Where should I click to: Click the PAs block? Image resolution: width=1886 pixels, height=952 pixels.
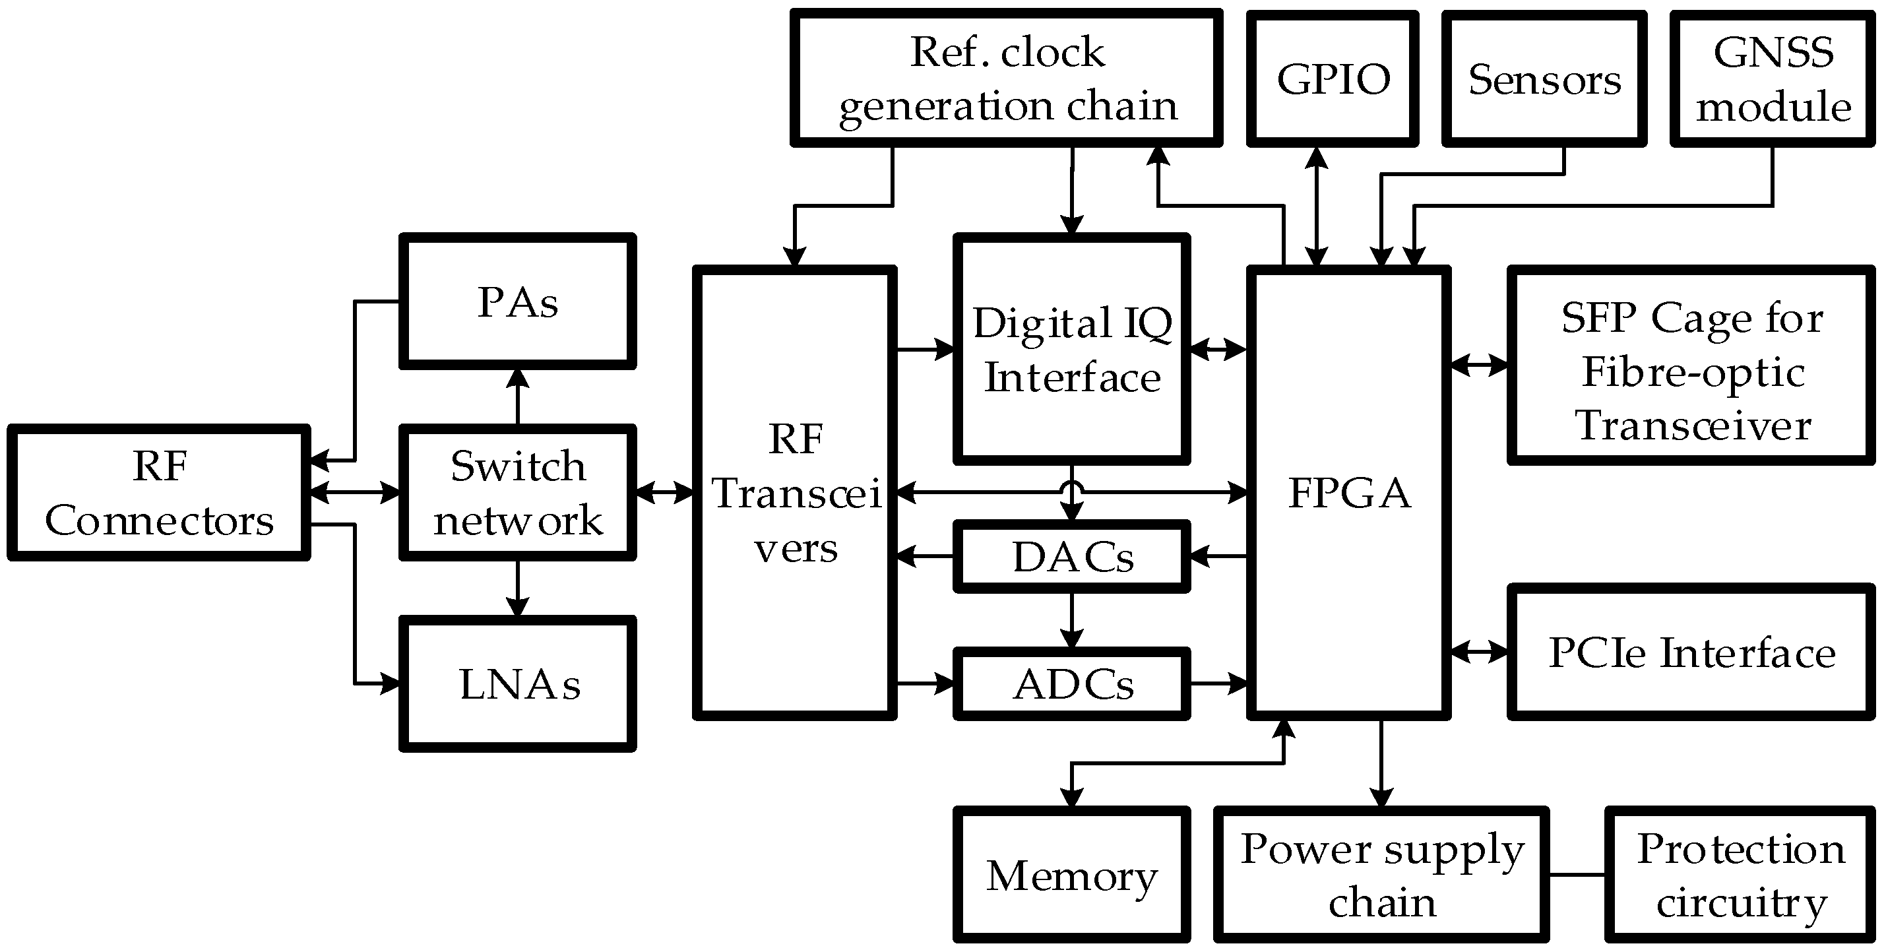pyautogui.click(x=517, y=301)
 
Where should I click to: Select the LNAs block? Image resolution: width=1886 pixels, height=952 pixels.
pyautogui.click(x=517, y=684)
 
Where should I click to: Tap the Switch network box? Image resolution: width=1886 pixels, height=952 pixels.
pyautogui.click(x=517, y=492)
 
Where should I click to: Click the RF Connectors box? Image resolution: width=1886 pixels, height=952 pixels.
pyautogui.click(x=159, y=492)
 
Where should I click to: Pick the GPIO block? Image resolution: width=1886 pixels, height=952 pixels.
pyautogui.click(x=1333, y=79)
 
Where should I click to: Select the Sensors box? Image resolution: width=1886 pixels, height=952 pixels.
pyautogui.click(x=1544, y=79)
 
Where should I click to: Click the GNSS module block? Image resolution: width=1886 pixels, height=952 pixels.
pyautogui.click(x=1773, y=79)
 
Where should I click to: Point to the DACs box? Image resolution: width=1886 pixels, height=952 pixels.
pyautogui.click(x=1072, y=557)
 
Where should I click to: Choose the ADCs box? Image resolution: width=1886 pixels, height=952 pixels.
pyautogui.click(x=1072, y=684)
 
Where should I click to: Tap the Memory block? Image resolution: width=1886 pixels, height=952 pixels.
pyautogui.click(x=1072, y=874)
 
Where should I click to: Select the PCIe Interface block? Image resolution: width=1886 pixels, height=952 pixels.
pyautogui.click(x=1691, y=652)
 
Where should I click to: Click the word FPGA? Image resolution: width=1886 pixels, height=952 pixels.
pyautogui.click(x=1348, y=492)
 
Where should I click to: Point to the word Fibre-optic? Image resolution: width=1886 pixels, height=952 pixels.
pyautogui.click(x=1693, y=372)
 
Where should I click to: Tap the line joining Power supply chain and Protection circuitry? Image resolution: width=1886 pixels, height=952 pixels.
pyautogui.click(x=1577, y=874)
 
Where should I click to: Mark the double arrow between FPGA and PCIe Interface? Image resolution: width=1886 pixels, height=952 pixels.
pyautogui.click(x=1479, y=651)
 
